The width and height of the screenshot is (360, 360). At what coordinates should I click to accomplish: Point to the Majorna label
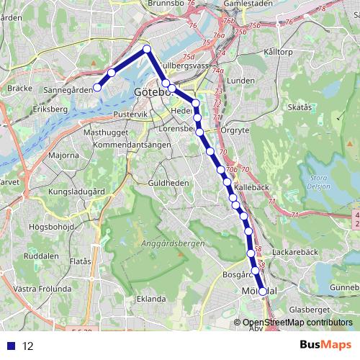(x=64, y=155)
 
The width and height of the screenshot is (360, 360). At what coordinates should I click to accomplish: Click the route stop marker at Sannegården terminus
(x=97, y=87)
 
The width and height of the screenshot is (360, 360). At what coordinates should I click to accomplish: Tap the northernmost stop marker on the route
(x=146, y=49)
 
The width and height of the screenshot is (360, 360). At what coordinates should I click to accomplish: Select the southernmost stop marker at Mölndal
(x=262, y=292)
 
